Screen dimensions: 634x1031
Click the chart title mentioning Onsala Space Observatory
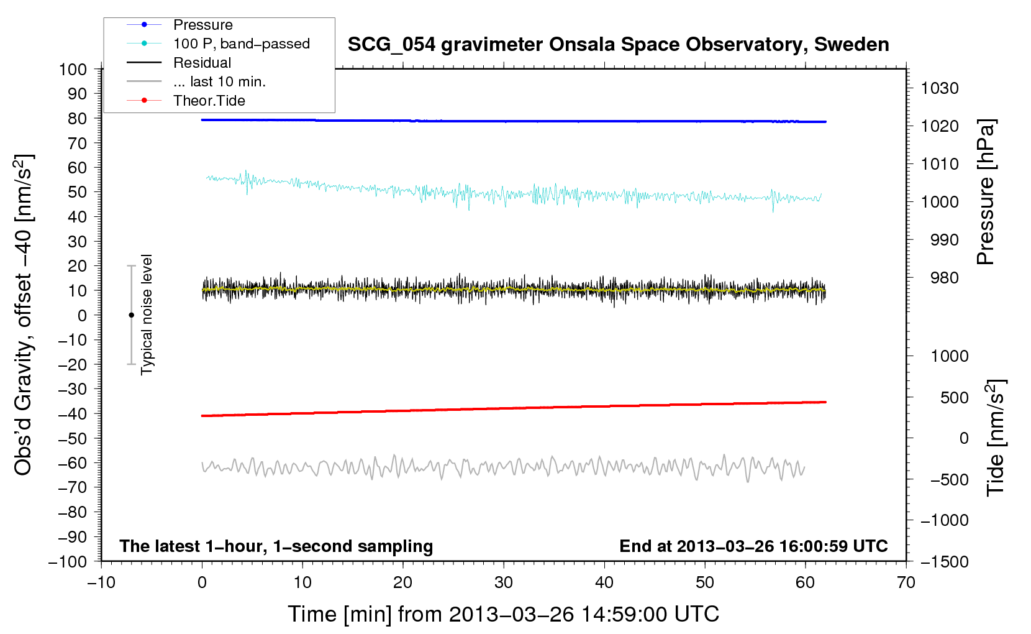[618, 45]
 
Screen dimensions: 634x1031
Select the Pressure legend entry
[202, 25]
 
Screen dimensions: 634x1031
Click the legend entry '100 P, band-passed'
[241, 44]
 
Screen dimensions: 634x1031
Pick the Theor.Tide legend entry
[209, 101]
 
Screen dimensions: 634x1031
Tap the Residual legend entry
[202, 63]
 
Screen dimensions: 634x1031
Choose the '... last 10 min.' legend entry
[219, 82]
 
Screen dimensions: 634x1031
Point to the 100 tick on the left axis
[73, 69]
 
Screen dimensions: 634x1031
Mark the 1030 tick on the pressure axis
[940, 88]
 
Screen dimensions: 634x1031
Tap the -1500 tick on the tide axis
[944, 561]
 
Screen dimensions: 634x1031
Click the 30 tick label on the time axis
[504, 582]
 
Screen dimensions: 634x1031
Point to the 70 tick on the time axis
[906, 582]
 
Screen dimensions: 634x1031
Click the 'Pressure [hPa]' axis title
[986, 192]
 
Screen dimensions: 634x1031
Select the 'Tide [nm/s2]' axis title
[996, 437]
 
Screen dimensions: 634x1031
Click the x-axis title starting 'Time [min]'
[503, 614]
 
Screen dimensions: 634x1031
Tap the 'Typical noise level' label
[147, 315]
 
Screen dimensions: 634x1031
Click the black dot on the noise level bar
[131, 315]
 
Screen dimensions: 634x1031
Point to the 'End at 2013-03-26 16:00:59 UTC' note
[753, 546]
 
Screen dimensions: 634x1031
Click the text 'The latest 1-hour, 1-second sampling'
[276, 546]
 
